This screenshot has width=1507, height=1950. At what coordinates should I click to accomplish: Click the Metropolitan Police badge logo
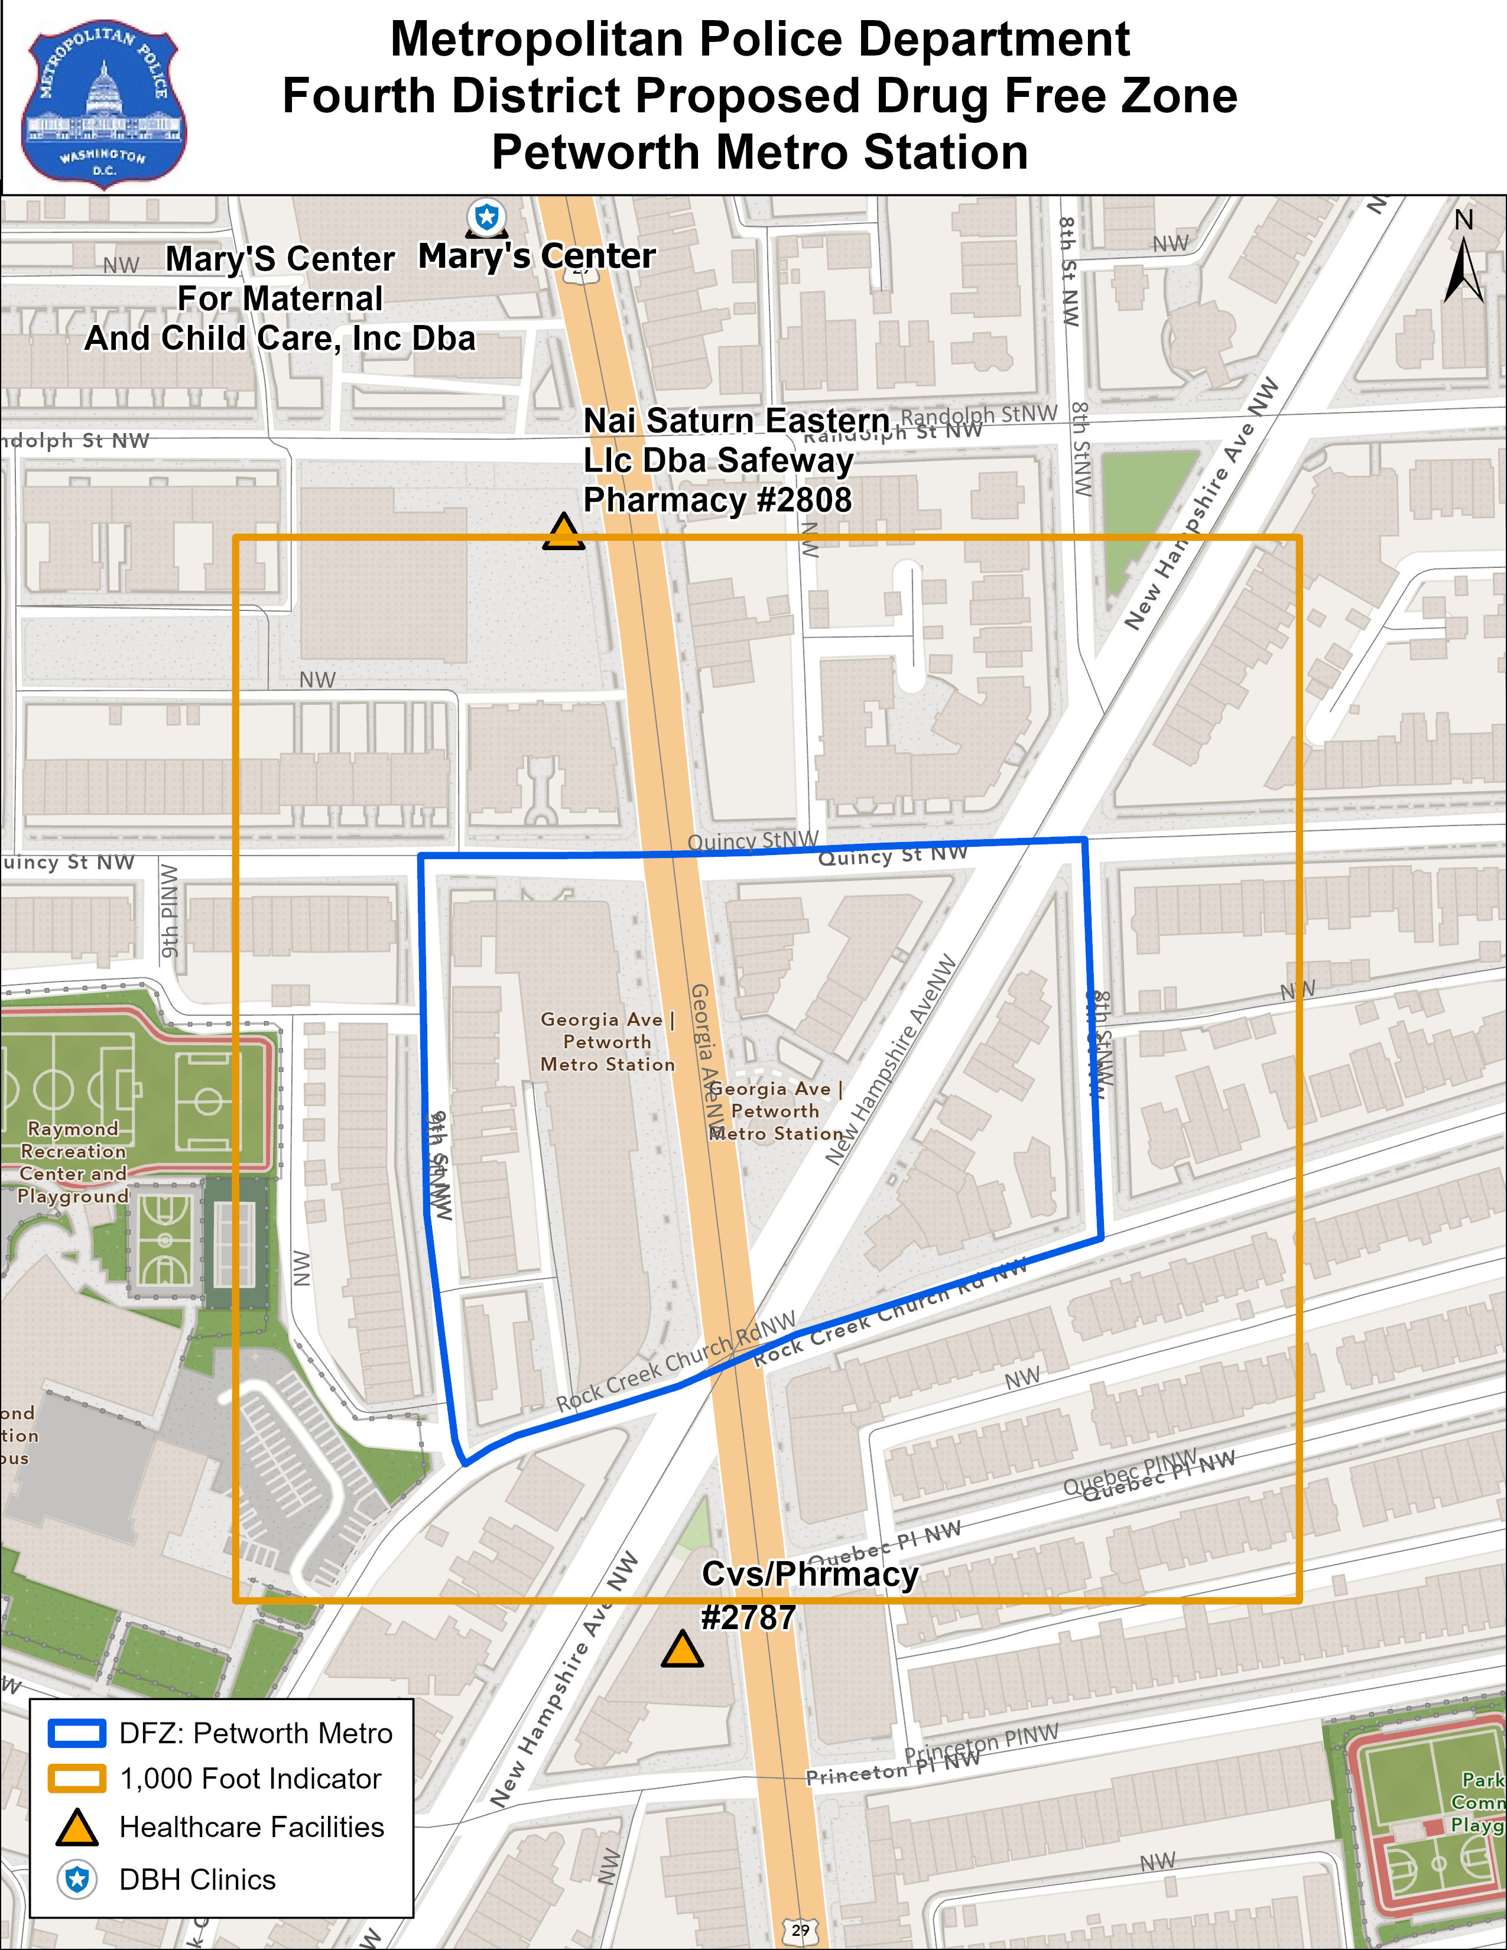(x=103, y=103)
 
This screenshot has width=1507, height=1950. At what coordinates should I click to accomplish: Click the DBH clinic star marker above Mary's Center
(x=486, y=217)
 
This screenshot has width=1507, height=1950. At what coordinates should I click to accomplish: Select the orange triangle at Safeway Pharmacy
(x=563, y=533)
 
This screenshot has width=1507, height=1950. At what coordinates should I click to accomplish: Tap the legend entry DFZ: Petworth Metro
(x=255, y=1733)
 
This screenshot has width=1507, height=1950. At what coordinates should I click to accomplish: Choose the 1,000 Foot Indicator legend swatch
(x=77, y=1779)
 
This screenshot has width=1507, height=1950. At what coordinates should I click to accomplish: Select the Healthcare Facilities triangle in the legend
(x=77, y=1828)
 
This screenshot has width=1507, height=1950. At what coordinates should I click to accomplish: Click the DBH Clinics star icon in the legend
(x=77, y=1880)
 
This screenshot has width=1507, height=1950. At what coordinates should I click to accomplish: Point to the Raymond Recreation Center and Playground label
(x=73, y=1162)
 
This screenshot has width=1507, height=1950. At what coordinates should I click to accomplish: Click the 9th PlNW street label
(x=170, y=910)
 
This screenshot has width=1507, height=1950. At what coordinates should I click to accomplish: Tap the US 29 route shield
(x=800, y=1929)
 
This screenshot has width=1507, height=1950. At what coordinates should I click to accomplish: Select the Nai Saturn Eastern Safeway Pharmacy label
(x=719, y=461)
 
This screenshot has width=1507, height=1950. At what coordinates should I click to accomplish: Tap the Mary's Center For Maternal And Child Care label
(x=280, y=299)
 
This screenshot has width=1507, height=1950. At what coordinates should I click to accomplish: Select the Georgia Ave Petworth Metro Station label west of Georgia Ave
(x=608, y=1042)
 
